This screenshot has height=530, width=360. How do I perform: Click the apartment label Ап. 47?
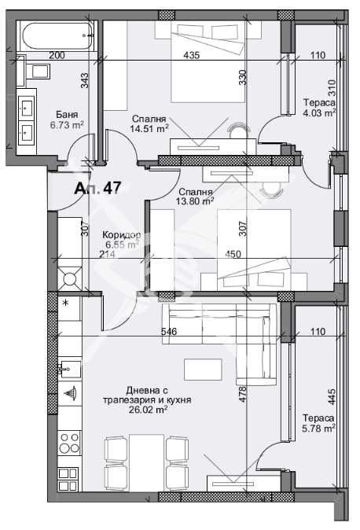click(97, 189)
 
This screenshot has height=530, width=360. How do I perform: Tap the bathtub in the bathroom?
click(56, 35)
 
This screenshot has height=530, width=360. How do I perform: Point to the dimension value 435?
click(190, 55)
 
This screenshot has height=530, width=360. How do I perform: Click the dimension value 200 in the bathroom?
click(57, 55)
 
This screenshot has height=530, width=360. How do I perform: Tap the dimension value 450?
click(232, 253)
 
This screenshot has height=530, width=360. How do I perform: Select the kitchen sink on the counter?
click(69, 369)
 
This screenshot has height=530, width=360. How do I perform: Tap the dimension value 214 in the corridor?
click(107, 253)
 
